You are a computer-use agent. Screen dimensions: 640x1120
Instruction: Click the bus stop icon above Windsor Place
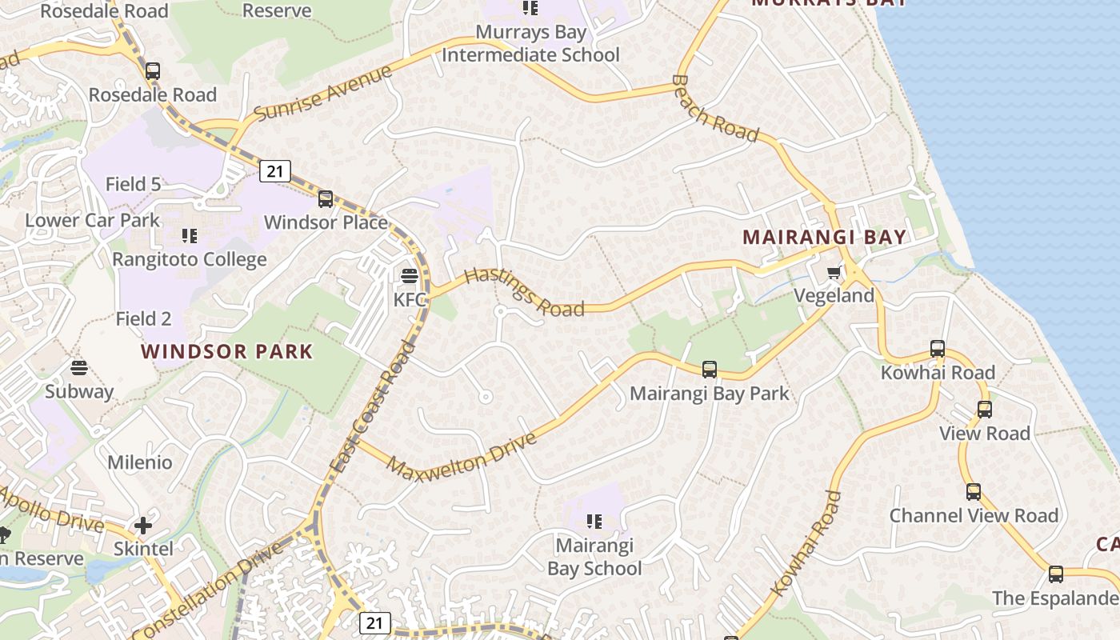pos(326,199)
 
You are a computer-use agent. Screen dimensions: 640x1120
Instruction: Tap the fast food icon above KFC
pos(409,277)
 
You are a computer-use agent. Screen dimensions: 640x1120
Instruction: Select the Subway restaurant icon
pos(78,368)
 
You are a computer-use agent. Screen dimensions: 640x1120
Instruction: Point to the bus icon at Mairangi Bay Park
pos(710,370)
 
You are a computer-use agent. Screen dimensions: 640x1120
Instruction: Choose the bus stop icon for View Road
pos(985,410)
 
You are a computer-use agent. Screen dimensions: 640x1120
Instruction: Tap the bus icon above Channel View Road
pos(974,492)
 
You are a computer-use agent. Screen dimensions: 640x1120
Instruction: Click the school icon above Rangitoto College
pos(190,236)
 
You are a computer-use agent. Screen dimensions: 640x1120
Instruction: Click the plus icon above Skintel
pos(143,526)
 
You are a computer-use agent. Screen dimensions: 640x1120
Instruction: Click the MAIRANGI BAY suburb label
pos(825,238)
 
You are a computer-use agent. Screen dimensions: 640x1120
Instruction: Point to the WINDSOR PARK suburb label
pos(227,352)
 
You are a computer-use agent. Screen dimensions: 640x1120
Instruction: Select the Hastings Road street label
pos(524,292)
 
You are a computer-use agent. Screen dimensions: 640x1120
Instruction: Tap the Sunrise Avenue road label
pos(323,92)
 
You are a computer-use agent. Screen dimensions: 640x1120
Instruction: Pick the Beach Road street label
pos(714,110)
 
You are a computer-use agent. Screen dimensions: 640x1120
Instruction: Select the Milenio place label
pos(140,462)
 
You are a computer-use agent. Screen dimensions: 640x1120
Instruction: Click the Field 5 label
pos(133,184)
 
